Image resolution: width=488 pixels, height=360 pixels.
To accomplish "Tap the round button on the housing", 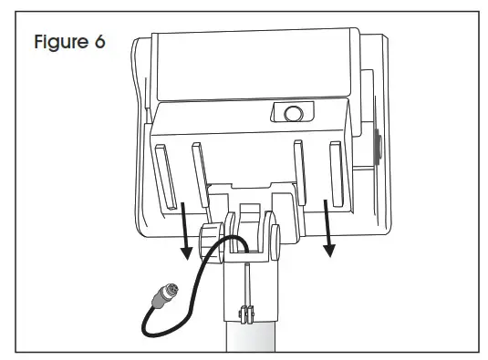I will click(x=292, y=114).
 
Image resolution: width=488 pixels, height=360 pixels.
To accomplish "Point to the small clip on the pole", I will click(x=244, y=315).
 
